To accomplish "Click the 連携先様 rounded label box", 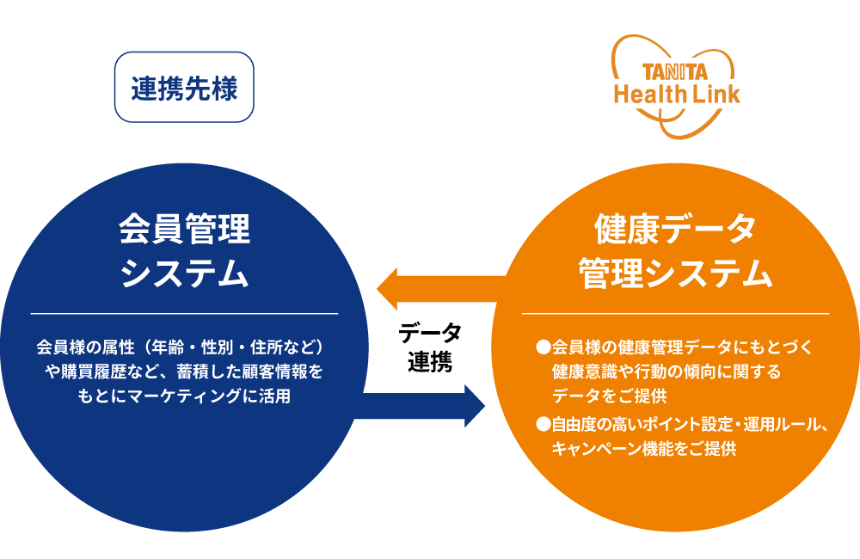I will pyautogui.click(x=184, y=88).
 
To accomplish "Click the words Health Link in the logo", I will pyautogui.click(x=676, y=94).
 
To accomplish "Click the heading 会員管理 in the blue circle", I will pyautogui.click(x=184, y=230).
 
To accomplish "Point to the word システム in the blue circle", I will pyautogui.click(x=184, y=274).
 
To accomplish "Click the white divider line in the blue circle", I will pyautogui.click(x=184, y=315).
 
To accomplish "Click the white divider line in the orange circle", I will pyautogui.click(x=675, y=315).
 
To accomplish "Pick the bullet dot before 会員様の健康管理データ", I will pyautogui.click(x=543, y=347).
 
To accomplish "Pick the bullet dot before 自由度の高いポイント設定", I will pyautogui.click(x=543, y=424).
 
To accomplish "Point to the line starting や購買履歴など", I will pyautogui.click(x=184, y=372).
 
